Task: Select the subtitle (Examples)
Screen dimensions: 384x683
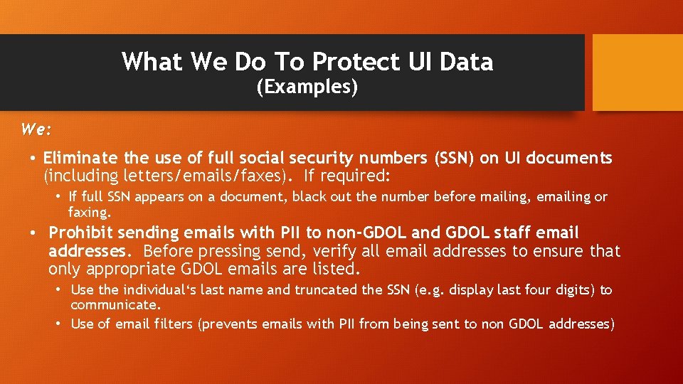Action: coord(307,87)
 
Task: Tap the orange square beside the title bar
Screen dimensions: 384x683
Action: coord(637,73)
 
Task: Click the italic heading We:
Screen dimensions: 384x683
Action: coord(36,130)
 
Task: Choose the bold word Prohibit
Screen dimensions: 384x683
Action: coord(80,233)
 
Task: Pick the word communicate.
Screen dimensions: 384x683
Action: coord(116,305)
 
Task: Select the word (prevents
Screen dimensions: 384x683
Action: coord(228,324)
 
